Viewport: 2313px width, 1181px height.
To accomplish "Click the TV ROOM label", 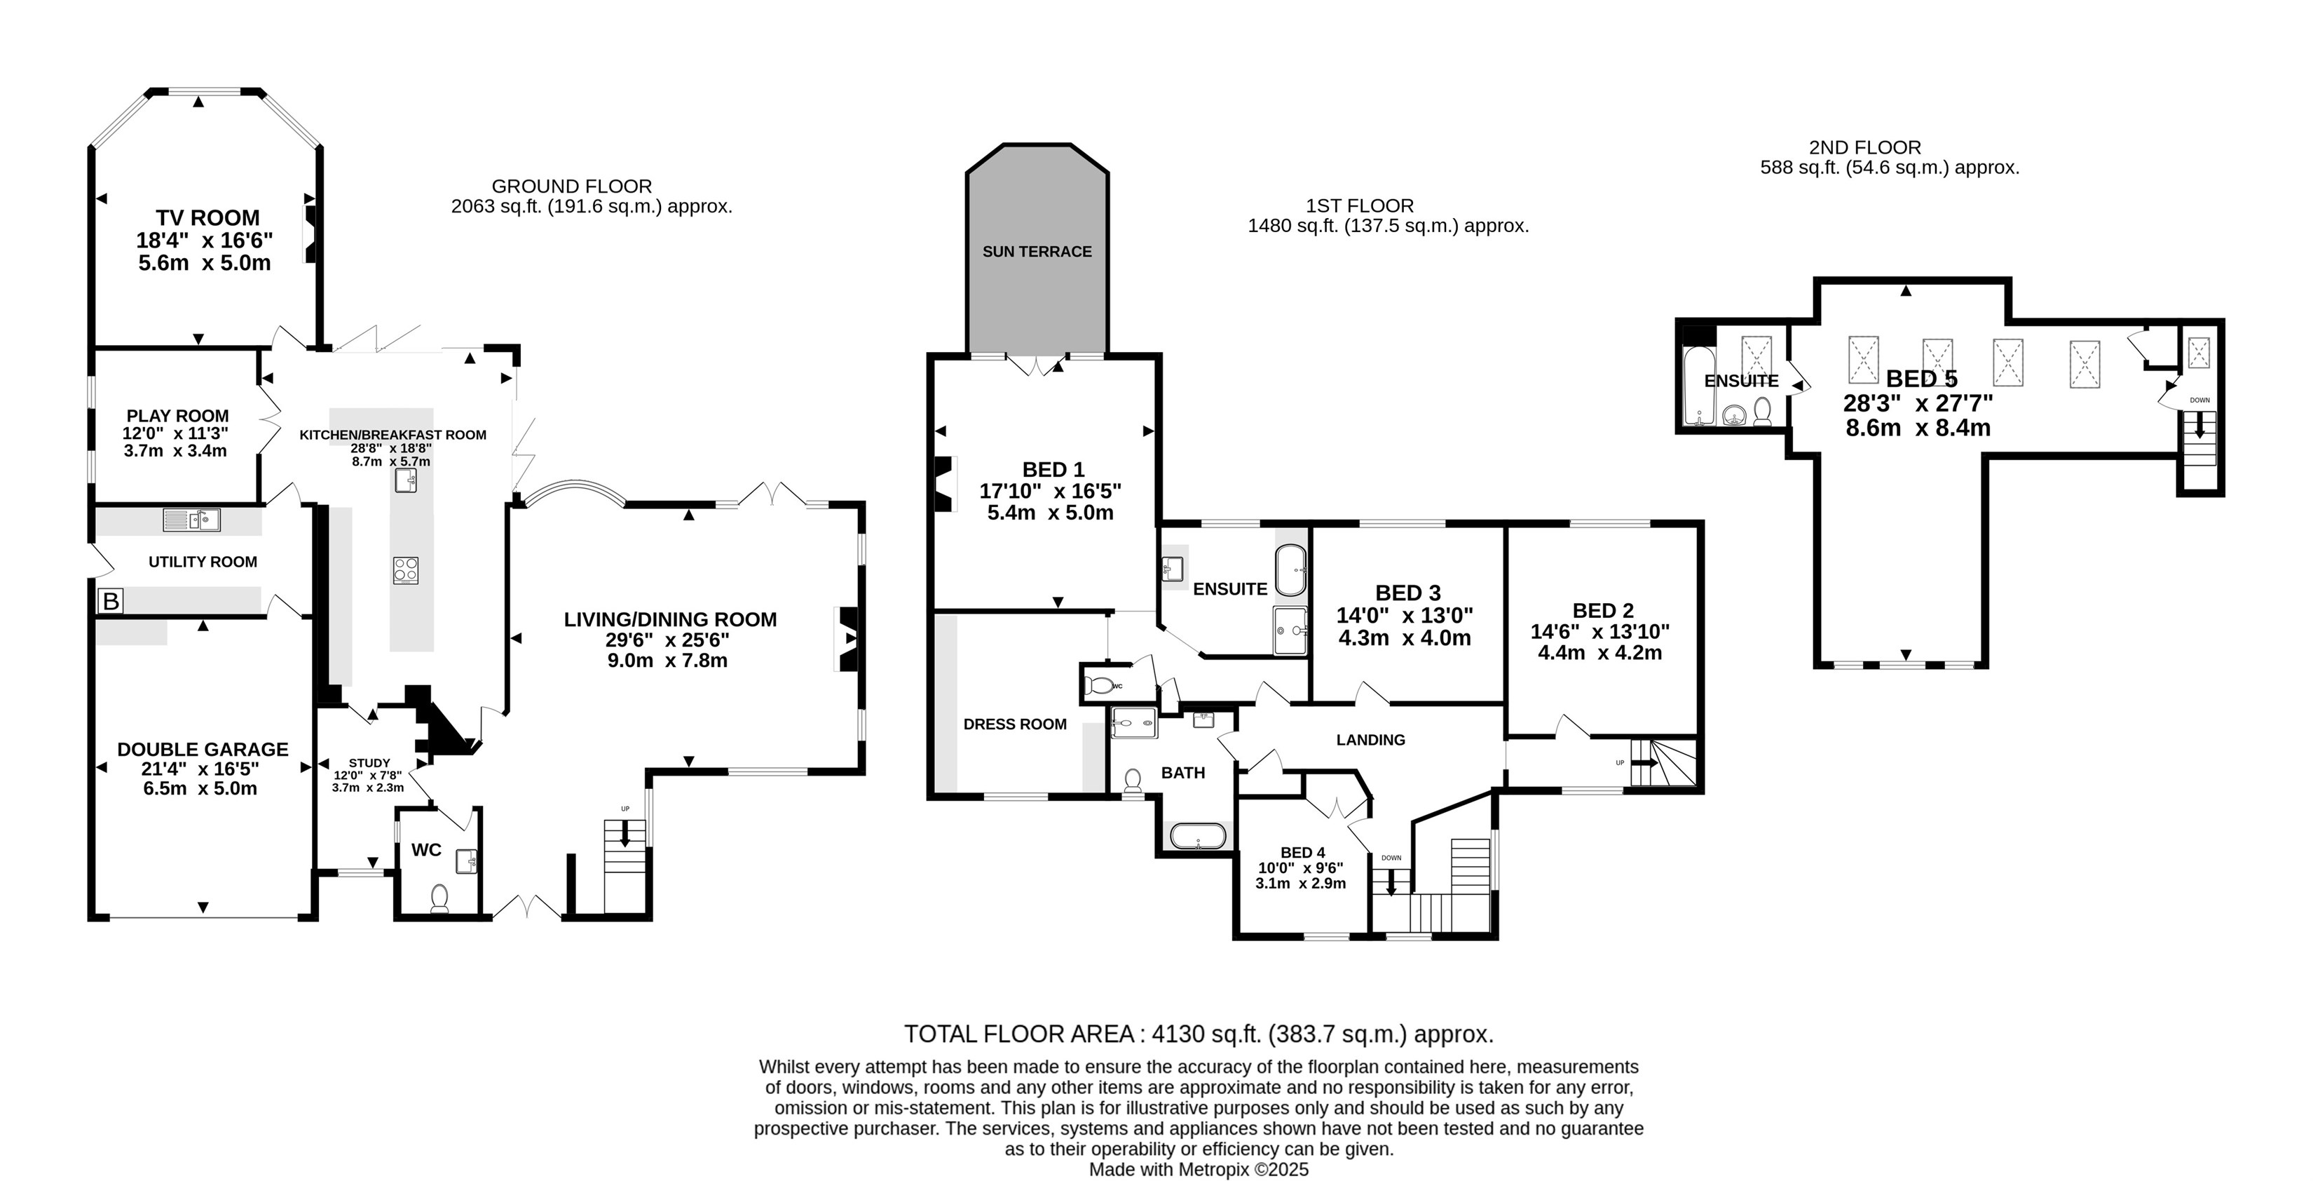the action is pyautogui.click(x=207, y=217).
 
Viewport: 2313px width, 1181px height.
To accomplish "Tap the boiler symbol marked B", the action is pyautogui.click(x=111, y=601).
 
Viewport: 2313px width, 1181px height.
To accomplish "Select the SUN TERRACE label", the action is pyautogui.click(x=1037, y=252).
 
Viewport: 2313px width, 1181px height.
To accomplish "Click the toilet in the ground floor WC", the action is pyautogui.click(x=439, y=898).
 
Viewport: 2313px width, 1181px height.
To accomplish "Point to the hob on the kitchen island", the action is pyautogui.click(x=406, y=570).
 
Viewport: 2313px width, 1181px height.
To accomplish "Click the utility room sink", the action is pyautogui.click(x=191, y=519).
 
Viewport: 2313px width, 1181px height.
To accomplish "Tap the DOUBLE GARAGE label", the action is pyautogui.click(x=203, y=749).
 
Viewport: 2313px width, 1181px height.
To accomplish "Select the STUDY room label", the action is pyautogui.click(x=369, y=762).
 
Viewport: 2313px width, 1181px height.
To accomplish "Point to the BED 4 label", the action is pyautogui.click(x=1302, y=852).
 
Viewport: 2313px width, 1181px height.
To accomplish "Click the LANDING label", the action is pyautogui.click(x=1370, y=740).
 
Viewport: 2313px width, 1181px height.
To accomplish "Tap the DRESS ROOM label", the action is pyautogui.click(x=1015, y=724).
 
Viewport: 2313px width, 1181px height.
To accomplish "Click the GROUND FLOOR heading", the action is pyautogui.click(x=571, y=186).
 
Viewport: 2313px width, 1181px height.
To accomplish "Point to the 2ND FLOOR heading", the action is pyautogui.click(x=1865, y=147).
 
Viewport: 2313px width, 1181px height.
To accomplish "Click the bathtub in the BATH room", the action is pyautogui.click(x=1198, y=836).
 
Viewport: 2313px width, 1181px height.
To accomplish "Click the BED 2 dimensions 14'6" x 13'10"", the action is pyautogui.click(x=1600, y=631).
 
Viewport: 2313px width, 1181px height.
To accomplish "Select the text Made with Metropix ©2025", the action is pyautogui.click(x=1199, y=1169).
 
